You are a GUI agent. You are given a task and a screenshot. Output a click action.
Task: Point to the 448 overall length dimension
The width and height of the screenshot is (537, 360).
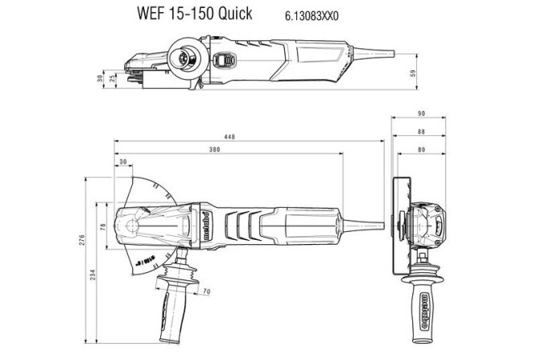(x=229, y=138)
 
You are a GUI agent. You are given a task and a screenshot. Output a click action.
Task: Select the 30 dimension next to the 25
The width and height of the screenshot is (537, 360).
(x=100, y=78)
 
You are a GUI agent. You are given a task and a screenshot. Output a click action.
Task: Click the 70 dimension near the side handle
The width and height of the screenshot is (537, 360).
(x=206, y=290)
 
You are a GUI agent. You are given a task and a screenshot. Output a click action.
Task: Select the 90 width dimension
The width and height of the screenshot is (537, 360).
(x=420, y=114)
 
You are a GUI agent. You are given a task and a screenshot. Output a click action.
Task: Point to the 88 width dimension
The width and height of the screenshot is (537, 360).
(x=419, y=131)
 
